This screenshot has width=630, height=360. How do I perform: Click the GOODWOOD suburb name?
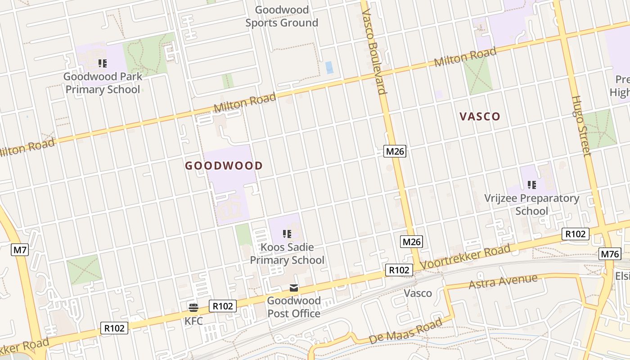tap(224, 166)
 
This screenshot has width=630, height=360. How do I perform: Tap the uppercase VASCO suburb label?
tap(480, 117)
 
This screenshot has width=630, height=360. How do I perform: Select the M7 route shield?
tap(20, 250)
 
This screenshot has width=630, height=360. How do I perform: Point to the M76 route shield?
tap(610, 254)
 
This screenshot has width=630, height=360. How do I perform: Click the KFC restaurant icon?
tap(193, 307)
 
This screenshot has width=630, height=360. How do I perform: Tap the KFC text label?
tap(193, 321)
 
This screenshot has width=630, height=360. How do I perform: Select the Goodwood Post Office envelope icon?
tap(294, 288)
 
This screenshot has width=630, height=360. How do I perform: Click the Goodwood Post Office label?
tap(294, 307)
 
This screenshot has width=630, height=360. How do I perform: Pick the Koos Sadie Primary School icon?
tap(287, 234)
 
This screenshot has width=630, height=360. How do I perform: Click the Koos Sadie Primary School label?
tap(287, 254)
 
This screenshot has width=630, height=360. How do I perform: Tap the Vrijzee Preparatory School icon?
tap(532, 185)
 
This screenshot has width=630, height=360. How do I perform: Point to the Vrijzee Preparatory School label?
tap(531, 205)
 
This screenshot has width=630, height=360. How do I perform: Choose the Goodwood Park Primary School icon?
tap(103, 63)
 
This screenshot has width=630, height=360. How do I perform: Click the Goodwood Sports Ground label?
tap(282, 16)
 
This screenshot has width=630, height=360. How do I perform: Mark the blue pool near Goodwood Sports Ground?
tap(329, 67)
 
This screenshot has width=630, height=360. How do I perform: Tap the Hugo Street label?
tap(581, 126)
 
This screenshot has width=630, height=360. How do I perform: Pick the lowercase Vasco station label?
tap(418, 293)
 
